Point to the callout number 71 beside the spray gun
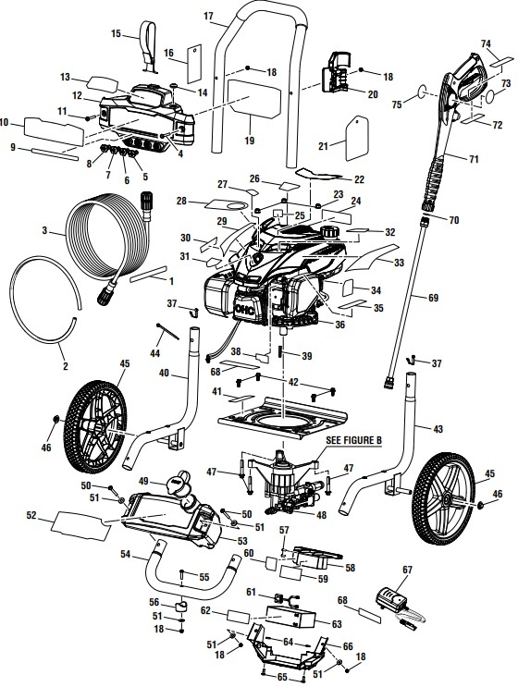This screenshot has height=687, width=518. click(x=474, y=160)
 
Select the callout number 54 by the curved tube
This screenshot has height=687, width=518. click(x=125, y=554)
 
